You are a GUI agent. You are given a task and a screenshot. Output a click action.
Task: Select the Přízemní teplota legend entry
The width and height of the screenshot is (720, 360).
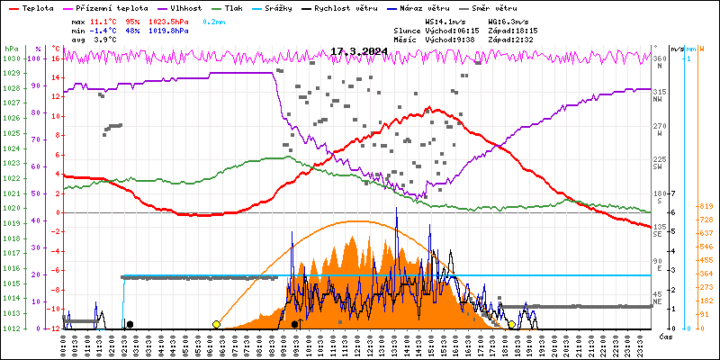pos(103,7)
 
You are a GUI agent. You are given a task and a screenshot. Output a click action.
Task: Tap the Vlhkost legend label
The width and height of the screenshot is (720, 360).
pos(185,7)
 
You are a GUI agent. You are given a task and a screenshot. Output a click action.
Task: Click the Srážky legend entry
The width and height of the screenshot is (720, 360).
pos(291,7)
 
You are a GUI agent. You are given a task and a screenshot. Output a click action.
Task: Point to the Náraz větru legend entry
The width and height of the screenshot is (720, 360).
pos(439,7)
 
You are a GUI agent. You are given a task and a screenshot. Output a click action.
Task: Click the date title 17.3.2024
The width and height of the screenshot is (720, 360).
pos(360,51)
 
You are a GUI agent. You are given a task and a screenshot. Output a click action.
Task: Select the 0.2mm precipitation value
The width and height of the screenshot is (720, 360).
pos(212,20)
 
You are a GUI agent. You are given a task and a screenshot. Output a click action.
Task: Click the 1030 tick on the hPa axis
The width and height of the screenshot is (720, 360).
pos(11,58)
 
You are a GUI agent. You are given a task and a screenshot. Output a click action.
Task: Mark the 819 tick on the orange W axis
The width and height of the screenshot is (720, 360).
pos(706,207)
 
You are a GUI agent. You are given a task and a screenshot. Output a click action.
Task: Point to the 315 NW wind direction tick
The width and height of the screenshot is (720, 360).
pos(660,92)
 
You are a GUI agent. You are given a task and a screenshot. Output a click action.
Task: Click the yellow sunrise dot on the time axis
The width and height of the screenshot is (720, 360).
pos(216,324)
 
